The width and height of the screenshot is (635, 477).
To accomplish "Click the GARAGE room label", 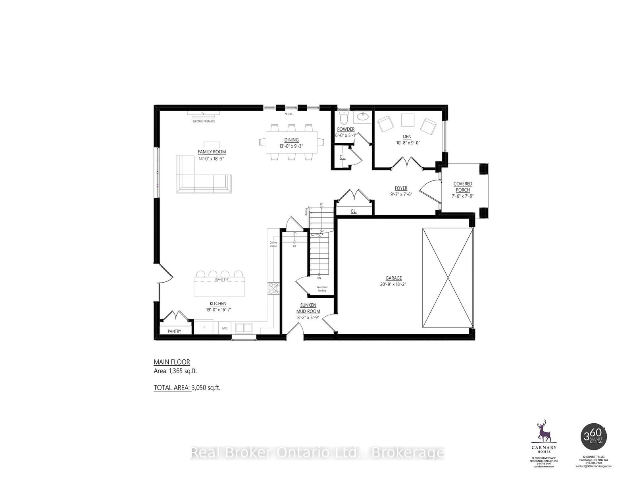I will click(x=393, y=278).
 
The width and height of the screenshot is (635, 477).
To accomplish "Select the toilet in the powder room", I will click(x=343, y=118).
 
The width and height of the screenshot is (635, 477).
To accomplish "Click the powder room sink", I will click(x=362, y=116).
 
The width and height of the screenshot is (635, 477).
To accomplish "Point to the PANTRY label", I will click(x=174, y=331).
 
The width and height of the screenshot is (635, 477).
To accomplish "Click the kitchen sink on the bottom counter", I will click(x=244, y=328).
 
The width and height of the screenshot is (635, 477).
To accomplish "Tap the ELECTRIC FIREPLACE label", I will click(x=204, y=121).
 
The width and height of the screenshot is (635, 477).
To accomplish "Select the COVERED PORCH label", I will click(x=463, y=186).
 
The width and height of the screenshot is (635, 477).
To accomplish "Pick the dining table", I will click(x=292, y=142).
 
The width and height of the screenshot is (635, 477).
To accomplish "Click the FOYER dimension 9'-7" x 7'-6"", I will click(x=401, y=194).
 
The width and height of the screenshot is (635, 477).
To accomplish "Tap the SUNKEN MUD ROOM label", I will click(x=308, y=308).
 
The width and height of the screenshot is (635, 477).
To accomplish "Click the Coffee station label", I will click(x=273, y=244).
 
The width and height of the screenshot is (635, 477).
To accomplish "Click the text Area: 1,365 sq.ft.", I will click(x=175, y=371).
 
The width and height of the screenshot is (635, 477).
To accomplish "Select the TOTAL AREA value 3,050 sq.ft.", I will click(x=206, y=388).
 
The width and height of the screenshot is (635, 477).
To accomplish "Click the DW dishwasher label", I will click(x=224, y=328).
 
